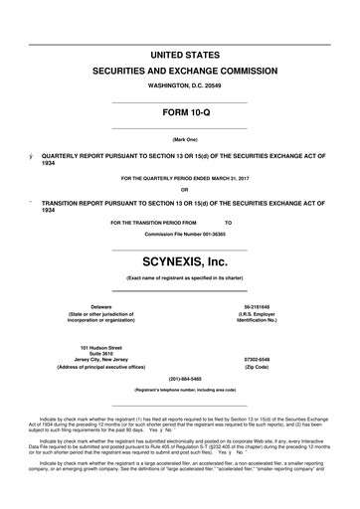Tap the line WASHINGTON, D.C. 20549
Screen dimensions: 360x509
point(179,87)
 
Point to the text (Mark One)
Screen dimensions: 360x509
point(179,140)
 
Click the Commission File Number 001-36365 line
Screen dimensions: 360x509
point(179,233)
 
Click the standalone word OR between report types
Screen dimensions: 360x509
point(179,190)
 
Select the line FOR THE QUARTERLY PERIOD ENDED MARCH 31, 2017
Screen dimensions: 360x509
point(179,179)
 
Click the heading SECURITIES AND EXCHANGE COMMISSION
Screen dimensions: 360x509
point(179,72)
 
